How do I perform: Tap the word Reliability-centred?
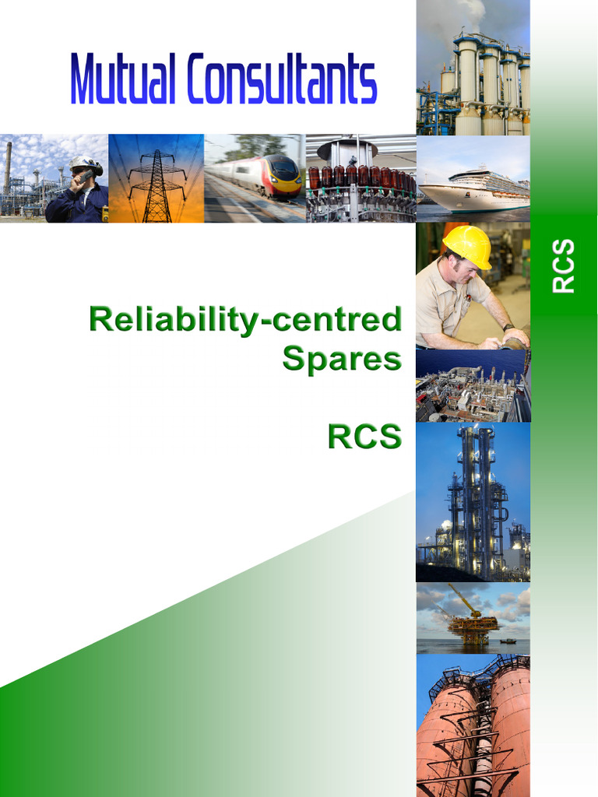(x=245, y=320)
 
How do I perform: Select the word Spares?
(x=342, y=358)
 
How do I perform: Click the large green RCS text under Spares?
(x=364, y=437)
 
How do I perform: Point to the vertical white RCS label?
(x=563, y=265)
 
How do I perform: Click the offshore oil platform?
(x=473, y=623)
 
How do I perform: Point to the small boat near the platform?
(x=508, y=641)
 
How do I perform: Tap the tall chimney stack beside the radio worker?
(x=8, y=167)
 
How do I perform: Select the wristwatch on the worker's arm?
(x=508, y=327)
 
